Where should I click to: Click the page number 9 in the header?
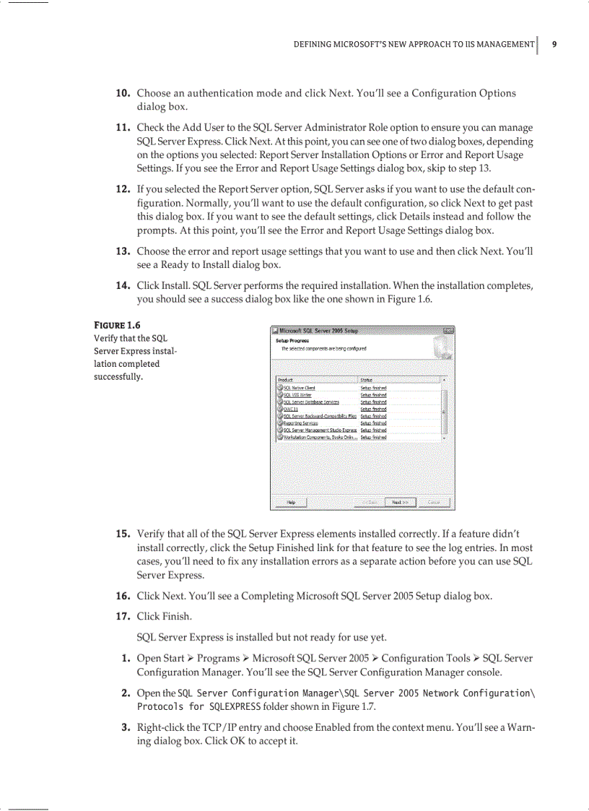(x=554, y=45)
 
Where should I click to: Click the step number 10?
(x=123, y=93)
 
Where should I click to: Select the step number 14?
(x=123, y=285)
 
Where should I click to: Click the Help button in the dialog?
(x=291, y=502)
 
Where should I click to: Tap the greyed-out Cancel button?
(x=434, y=502)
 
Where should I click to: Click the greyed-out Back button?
(x=370, y=502)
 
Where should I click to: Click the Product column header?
(x=286, y=379)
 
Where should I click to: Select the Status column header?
(x=366, y=379)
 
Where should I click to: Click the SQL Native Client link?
(x=299, y=388)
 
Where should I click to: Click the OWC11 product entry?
(x=290, y=409)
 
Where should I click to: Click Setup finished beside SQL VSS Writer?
(x=373, y=395)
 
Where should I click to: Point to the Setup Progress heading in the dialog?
(x=292, y=340)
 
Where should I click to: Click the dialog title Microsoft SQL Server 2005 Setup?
(x=319, y=331)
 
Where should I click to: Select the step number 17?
(x=123, y=616)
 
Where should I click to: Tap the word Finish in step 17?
(x=177, y=616)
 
